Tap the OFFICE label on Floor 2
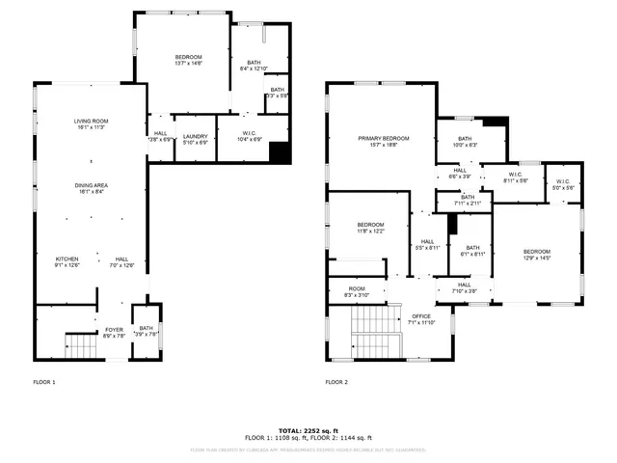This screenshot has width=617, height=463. [x=421, y=318]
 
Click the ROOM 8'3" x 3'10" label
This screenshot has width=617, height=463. [x=357, y=291]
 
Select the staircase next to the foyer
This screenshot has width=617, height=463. [x=80, y=342]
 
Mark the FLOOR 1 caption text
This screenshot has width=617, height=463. [x=43, y=382]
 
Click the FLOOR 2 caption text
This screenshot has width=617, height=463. [x=335, y=382]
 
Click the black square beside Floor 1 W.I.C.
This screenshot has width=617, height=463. [x=280, y=152]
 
